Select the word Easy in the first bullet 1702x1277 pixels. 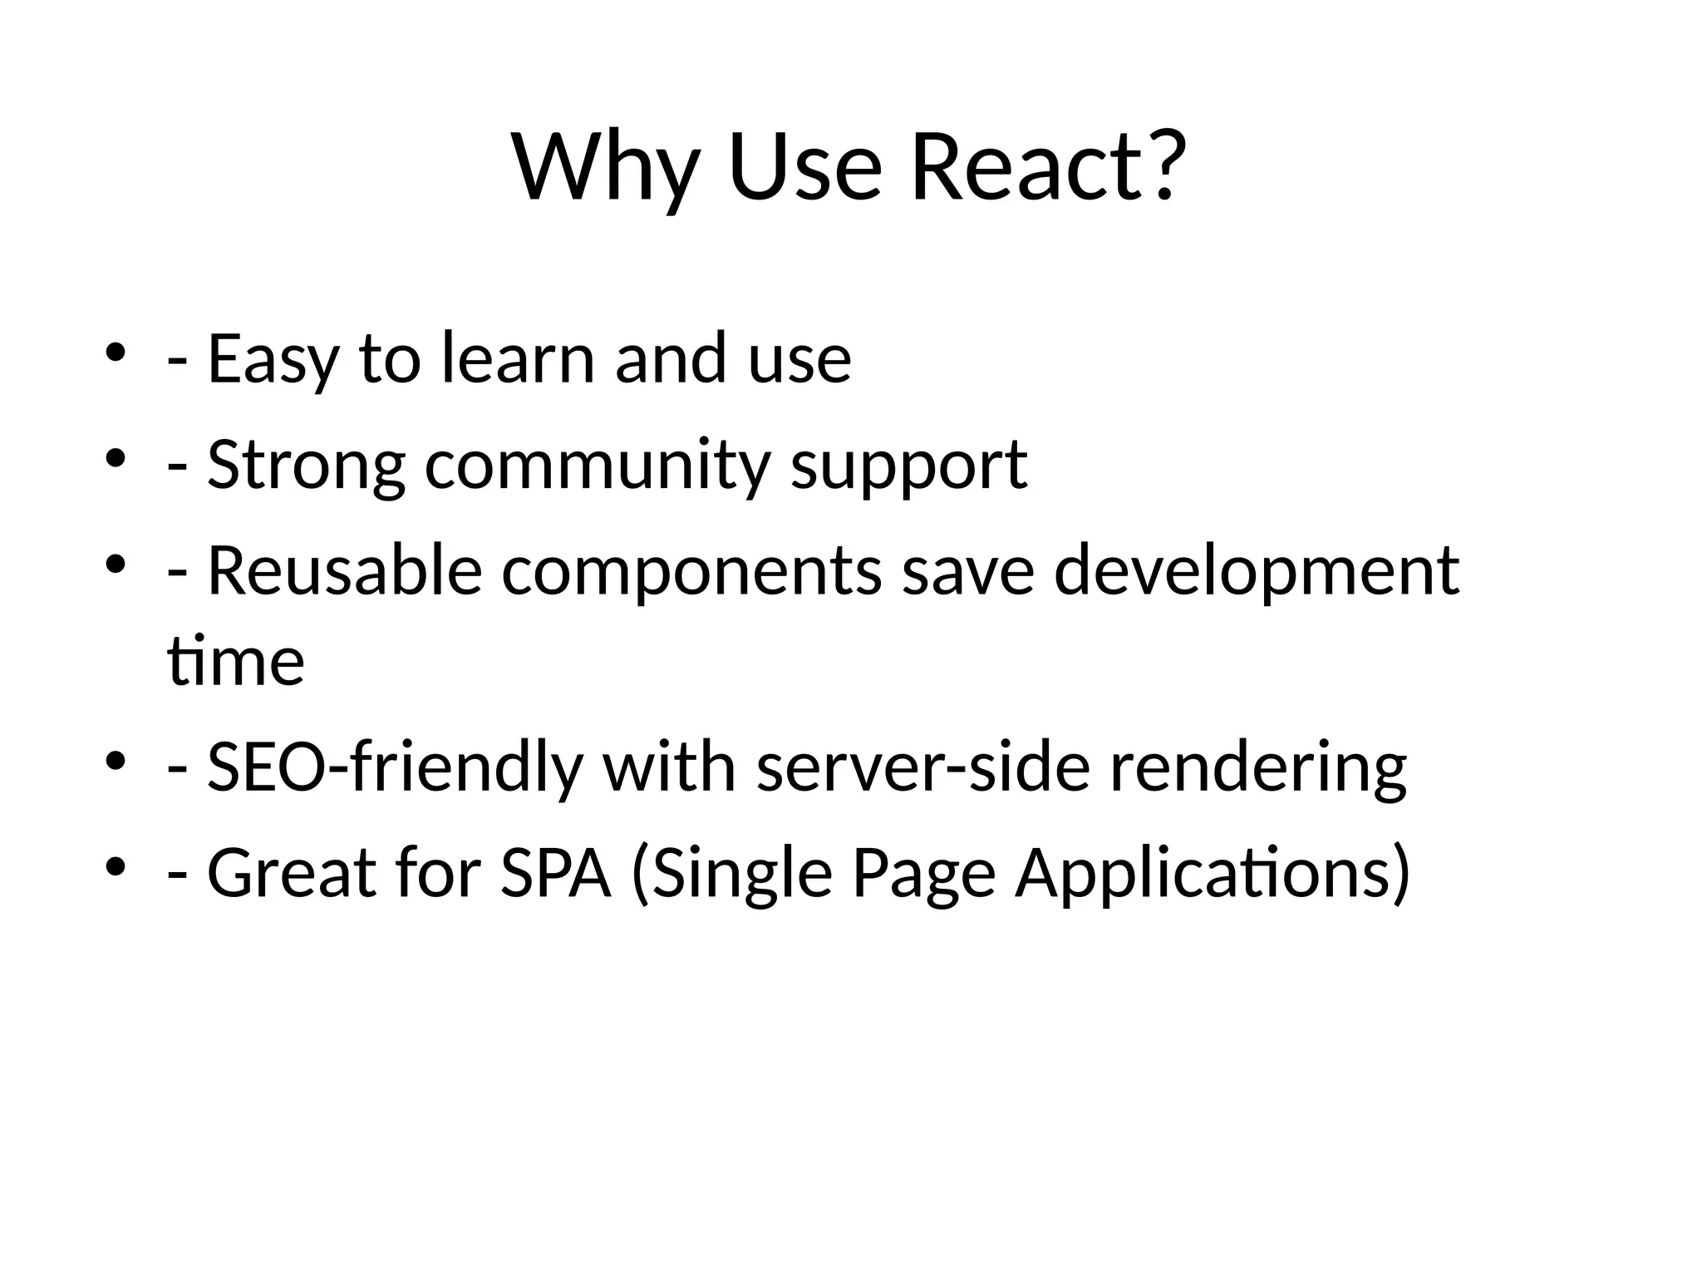click(273, 359)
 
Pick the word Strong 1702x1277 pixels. click(306, 466)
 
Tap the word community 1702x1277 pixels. click(598, 466)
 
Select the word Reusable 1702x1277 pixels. click(344, 570)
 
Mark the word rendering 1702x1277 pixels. click(1257, 768)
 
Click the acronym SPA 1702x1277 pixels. click(555, 873)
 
